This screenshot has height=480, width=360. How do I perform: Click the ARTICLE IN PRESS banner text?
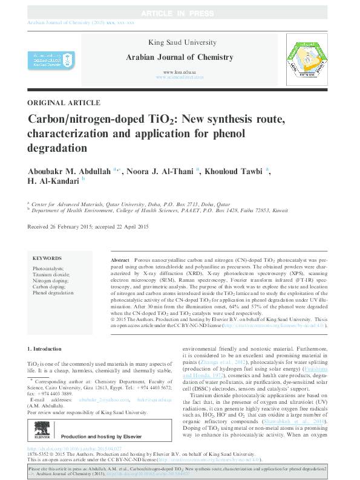click(180, 13)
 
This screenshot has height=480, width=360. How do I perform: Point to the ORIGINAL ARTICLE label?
click(64, 103)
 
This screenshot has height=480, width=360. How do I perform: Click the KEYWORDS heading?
click(47, 257)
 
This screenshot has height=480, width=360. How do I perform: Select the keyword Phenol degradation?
click(53, 292)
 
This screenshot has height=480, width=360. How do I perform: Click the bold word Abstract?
click(120, 259)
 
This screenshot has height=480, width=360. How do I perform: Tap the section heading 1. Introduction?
click(45, 349)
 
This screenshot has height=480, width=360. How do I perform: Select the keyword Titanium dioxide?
click(51, 274)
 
